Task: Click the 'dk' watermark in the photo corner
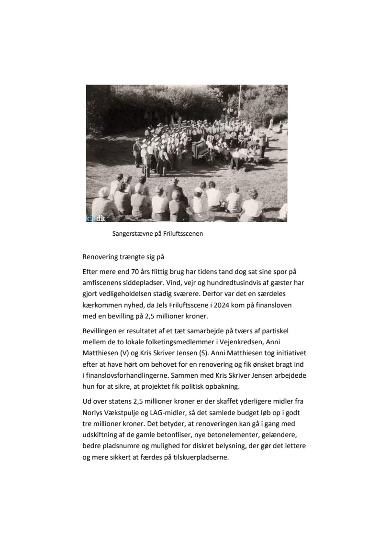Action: [x=100, y=218]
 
